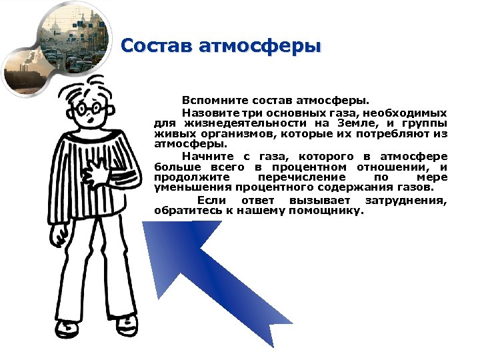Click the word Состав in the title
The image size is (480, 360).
pos(155,46)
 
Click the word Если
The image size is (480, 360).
pos(211,201)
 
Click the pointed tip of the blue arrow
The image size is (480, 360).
pos(148,224)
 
